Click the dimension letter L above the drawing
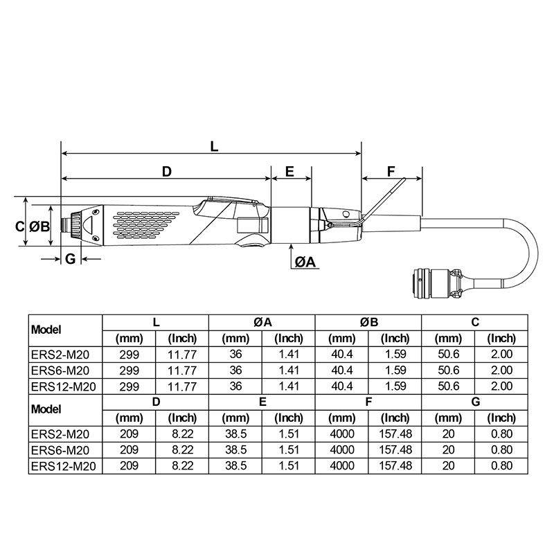pyautogui.click(x=214, y=146)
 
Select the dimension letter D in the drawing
pyautogui.click(x=166, y=172)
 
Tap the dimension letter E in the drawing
pyautogui.click(x=289, y=172)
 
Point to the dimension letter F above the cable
pyautogui.click(x=391, y=172)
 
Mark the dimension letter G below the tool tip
pyautogui.click(x=70, y=259)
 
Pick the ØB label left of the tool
pyautogui.click(x=40, y=226)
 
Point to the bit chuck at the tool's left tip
pyautogui.click(x=69, y=225)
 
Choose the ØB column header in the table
pyautogui.click(x=368, y=322)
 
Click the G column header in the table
pyautogui.click(x=475, y=401)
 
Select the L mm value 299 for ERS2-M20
pyautogui.click(x=129, y=355)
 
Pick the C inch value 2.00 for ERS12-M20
pyautogui.click(x=501, y=386)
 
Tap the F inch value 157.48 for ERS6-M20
pyautogui.click(x=395, y=449)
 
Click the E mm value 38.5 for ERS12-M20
pyautogui.click(x=236, y=465)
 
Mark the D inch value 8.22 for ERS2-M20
pyautogui.click(x=183, y=434)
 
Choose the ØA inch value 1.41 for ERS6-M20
pyautogui.click(x=289, y=370)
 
